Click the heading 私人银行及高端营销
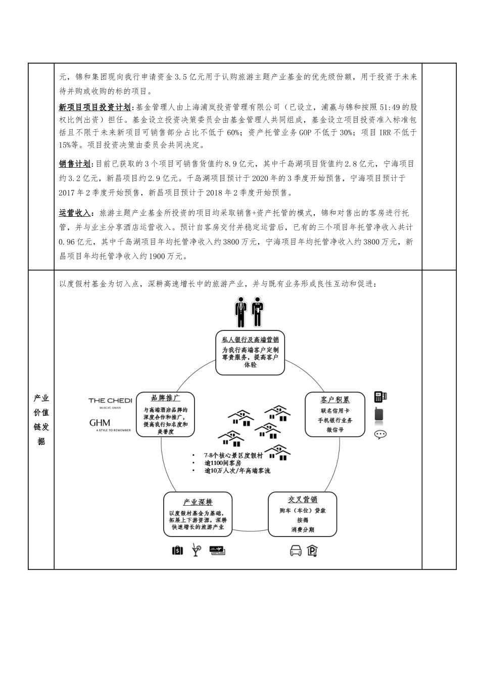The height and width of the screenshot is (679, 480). [x=250, y=339]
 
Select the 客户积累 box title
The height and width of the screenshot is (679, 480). [x=335, y=400]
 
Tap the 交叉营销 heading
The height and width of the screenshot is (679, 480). [x=303, y=500]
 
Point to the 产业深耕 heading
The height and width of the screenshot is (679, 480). [x=198, y=502]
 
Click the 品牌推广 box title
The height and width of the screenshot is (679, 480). [x=166, y=398]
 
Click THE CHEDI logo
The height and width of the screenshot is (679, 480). [x=110, y=402]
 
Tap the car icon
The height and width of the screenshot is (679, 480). [x=296, y=551]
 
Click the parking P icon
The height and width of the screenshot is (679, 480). [x=312, y=551]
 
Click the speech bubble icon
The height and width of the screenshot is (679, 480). [x=380, y=434]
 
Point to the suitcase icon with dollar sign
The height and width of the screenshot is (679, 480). [x=177, y=551]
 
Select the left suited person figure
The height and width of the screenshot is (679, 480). [x=241, y=312]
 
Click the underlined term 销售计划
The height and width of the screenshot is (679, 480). [x=75, y=164]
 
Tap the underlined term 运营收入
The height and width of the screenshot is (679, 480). [x=75, y=214]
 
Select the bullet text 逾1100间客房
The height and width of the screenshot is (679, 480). [x=223, y=463]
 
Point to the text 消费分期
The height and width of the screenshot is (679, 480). [x=303, y=529]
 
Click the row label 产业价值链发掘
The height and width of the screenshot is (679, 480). [x=41, y=419]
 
